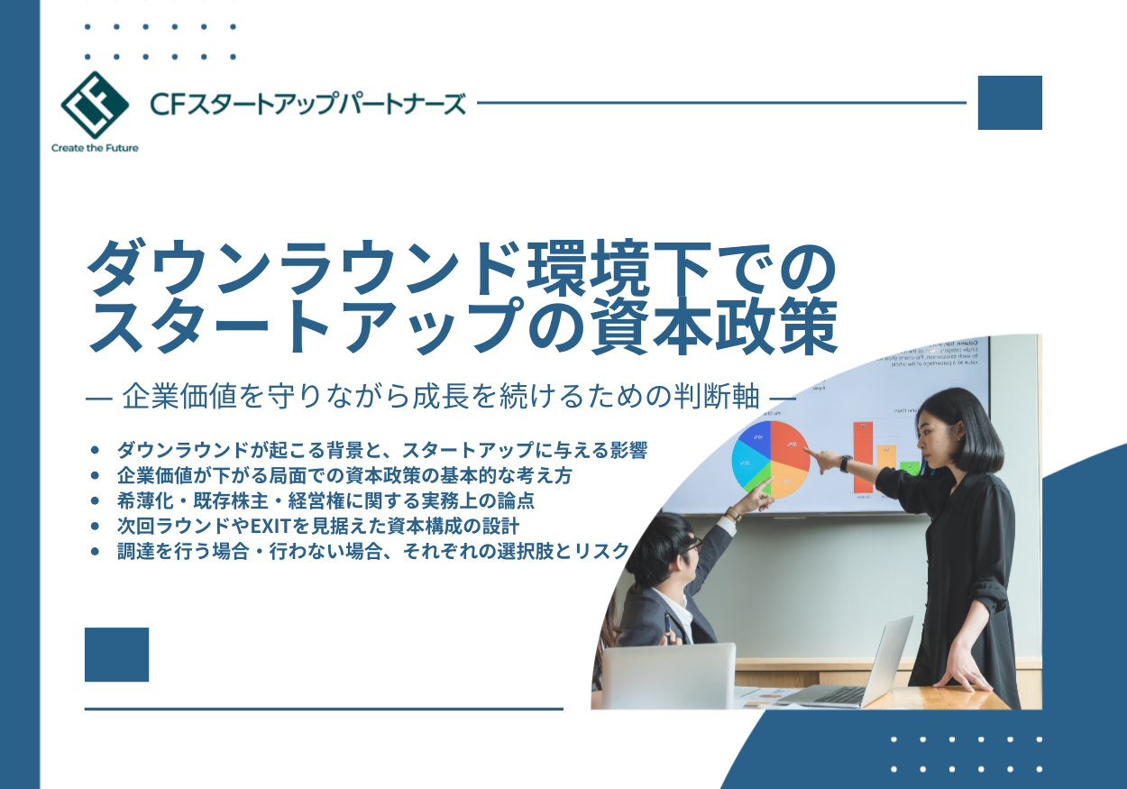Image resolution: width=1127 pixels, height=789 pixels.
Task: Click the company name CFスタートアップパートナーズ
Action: click(x=308, y=104)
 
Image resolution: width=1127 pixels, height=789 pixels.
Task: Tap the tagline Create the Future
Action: click(x=95, y=148)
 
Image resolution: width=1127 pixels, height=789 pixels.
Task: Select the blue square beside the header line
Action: click(x=1010, y=103)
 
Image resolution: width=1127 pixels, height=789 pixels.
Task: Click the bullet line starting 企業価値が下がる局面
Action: click(x=344, y=474)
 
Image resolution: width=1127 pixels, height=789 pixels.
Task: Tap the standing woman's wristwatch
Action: click(x=846, y=463)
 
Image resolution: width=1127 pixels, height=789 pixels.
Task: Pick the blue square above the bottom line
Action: click(x=116, y=655)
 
